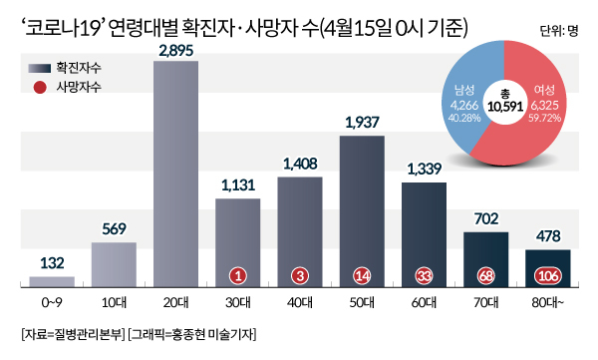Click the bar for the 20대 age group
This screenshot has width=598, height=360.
[x=175, y=174]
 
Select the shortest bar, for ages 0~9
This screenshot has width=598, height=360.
[x=52, y=282]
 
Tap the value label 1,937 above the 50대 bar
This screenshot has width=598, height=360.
[x=363, y=123]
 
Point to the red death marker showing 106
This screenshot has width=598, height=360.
[x=548, y=275]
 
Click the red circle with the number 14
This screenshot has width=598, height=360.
[x=362, y=275]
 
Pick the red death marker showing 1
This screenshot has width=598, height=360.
[x=238, y=275]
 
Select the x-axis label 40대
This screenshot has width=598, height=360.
[x=300, y=303]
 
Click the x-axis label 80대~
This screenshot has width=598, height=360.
[x=547, y=303]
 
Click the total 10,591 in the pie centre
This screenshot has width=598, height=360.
[x=505, y=107]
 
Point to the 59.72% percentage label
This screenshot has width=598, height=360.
[x=544, y=118]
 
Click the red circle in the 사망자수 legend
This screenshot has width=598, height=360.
[x=40, y=88]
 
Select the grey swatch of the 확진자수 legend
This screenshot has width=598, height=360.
[x=39, y=69]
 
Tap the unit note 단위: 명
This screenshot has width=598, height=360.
[x=559, y=31]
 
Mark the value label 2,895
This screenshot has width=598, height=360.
[x=176, y=51]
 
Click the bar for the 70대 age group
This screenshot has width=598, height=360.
[x=486, y=259]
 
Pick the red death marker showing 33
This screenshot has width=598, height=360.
[x=424, y=275]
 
